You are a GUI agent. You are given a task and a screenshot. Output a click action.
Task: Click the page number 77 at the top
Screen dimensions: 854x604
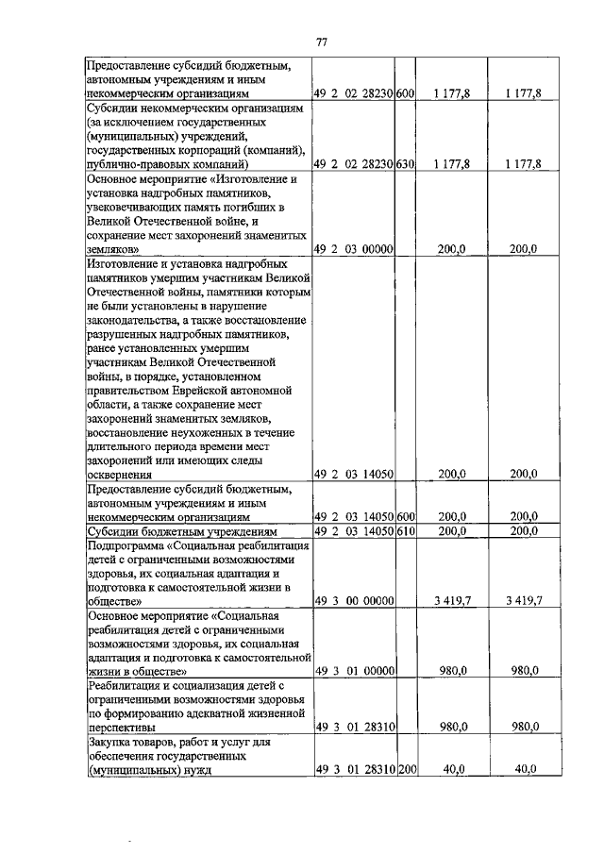point(321,42)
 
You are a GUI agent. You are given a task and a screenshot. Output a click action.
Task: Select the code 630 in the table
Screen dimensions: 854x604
point(406,163)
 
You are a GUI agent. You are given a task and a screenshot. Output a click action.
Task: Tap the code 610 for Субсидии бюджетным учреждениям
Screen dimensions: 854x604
point(406,532)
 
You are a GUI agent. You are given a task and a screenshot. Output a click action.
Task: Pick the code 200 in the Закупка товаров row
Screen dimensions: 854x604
point(406,770)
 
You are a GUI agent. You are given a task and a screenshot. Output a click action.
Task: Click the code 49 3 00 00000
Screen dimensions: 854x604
point(354,600)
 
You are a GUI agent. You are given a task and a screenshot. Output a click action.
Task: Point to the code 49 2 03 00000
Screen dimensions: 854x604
point(354,249)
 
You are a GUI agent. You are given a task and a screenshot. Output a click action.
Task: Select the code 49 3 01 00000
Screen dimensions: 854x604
point(354,671)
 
